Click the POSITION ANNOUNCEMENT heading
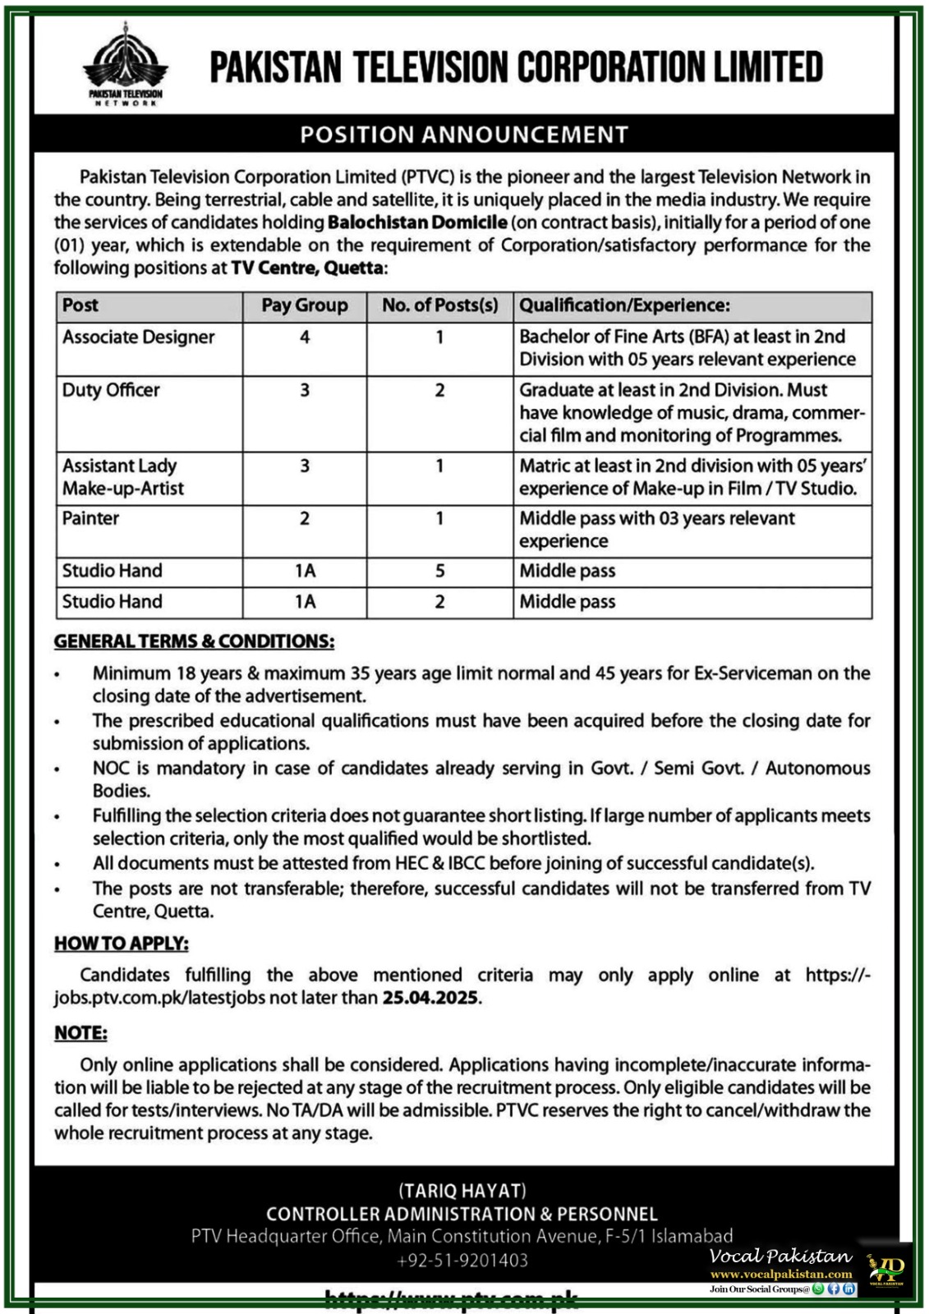pos(464,135)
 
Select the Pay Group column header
pos(304,306)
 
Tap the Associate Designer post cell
pos(138,338)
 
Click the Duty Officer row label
pos(111,390)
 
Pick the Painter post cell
pos(90,518)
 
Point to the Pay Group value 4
pos(305,337)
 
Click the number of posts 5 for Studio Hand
pos(439,571)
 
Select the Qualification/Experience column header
pos(624,306)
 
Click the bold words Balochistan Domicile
pos(417,223)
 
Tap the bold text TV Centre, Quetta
pos(307,268)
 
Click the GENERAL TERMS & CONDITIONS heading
pos(194,641)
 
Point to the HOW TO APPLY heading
pos(122,944)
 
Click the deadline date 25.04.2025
pos(430,999)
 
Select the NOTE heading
pos(80,1033)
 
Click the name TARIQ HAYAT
pos(462,1191)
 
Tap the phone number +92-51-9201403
pos(462,1260)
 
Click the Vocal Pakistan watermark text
pos(780,1256)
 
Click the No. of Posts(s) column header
pos(439,306)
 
